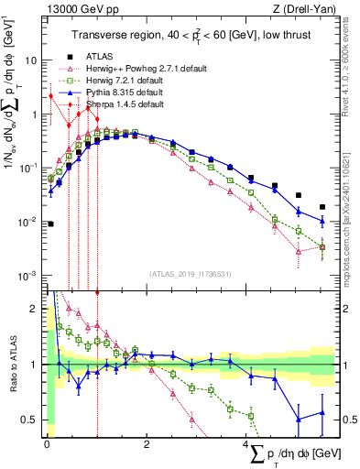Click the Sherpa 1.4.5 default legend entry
point(124,105)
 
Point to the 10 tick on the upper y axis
point(31,60)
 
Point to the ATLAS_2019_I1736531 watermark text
point(189,274)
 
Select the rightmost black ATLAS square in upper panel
point(322,207)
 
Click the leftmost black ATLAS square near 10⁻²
point(50,224)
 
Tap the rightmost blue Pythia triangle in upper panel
point(322,221)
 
